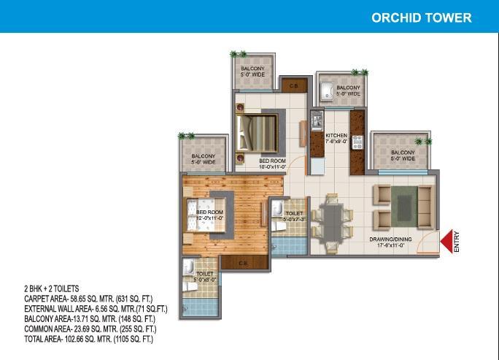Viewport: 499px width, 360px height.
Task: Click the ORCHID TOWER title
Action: tap(422, 18)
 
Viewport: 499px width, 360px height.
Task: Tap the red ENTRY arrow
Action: tap(446, 242)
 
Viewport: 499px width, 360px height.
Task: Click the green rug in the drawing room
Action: tap(404, 207)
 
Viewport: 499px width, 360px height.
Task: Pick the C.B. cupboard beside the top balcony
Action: tap(295, 85)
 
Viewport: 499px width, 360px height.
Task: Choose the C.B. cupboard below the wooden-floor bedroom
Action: tap(244, 263)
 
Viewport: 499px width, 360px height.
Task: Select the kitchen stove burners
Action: tap(357, 142)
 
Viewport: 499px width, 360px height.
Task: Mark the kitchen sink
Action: tap(317, 121)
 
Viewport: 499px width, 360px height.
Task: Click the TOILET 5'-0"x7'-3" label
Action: tap(295, 216)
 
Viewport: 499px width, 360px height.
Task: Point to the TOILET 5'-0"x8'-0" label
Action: tap(205, 277)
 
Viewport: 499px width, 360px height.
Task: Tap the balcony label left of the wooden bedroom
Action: tap(204, 159)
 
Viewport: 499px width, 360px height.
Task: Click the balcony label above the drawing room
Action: tap(403, 156)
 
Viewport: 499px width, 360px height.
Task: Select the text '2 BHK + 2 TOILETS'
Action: tap(52, 288)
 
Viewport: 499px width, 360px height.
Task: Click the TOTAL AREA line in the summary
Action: tap(88, 339)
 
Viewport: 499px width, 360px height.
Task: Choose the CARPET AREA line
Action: tap(88, 299)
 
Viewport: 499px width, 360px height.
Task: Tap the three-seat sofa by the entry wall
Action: tap(425, 207)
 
